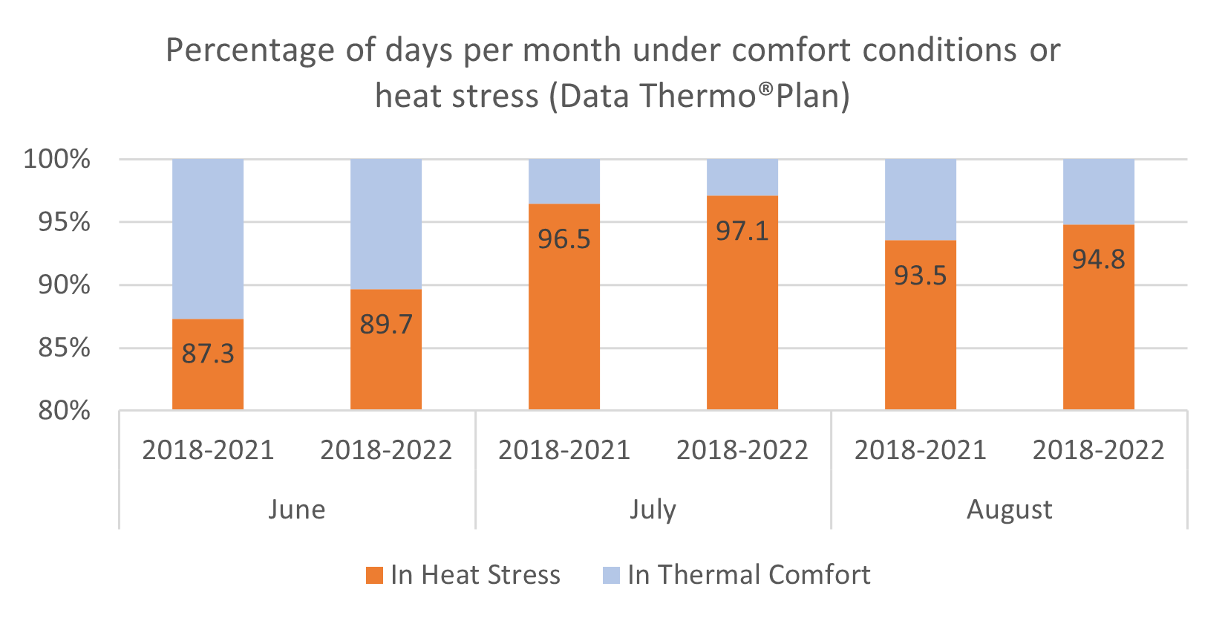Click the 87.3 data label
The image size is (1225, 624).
[x=208, y=354]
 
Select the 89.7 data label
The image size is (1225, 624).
[x=386, y=325]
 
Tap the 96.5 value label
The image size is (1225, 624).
[x=564, y=239]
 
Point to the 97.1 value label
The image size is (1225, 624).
[x=742, y=231]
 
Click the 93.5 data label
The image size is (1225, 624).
[x=921, y=276]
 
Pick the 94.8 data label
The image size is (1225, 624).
[x=1099, y=259]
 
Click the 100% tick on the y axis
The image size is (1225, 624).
[x=57, y=159]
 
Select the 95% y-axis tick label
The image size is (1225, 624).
[x=65, y=222]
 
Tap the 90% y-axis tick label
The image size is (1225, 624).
[x=65, y=285]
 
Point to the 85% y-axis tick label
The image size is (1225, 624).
[x=65, y=348]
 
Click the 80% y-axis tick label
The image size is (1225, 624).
[x=65, y=410]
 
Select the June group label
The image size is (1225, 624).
[x=297, y=510]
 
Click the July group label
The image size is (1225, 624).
[x=653, y=510]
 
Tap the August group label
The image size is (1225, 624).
[x=1010, y=510]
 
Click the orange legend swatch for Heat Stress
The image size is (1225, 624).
[x=375, y=575]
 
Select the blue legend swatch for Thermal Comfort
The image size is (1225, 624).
[x=611, y=575]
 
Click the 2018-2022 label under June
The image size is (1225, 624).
[x=386, y=450]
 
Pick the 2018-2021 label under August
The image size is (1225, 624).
[x=921, y=450]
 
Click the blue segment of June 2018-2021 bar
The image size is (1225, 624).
[x=208, y=238]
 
